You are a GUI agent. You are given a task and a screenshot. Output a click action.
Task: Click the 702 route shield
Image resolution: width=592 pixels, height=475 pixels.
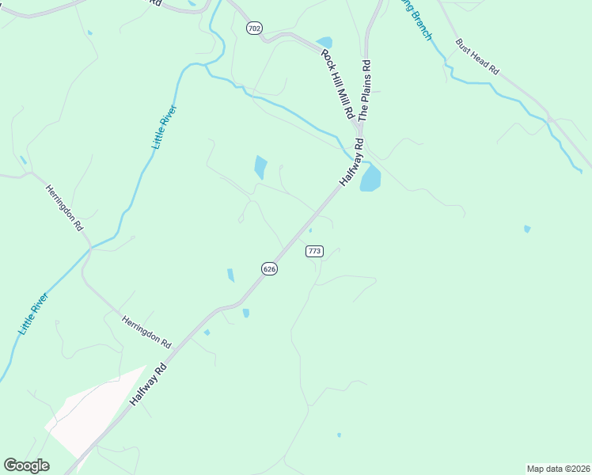pos(254,28)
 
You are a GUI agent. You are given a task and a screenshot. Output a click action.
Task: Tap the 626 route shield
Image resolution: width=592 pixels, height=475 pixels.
pos(269,268)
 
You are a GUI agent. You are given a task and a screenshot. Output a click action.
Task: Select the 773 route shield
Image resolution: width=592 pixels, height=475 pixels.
pos(314,251)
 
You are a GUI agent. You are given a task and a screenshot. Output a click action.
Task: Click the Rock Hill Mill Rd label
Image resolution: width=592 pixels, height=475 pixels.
pos(337,85)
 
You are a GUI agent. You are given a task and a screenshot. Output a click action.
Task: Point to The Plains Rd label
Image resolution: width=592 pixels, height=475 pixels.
pos(365,90)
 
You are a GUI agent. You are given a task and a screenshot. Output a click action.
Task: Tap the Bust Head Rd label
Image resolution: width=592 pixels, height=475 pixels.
pos(477,57)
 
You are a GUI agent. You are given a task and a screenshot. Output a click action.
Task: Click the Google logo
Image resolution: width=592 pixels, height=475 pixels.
pos(26,465)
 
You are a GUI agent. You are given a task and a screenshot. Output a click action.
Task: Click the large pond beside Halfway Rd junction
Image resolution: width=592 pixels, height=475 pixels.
pos(370,178)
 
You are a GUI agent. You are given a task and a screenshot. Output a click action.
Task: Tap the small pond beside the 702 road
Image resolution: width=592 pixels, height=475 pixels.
pos(324,43)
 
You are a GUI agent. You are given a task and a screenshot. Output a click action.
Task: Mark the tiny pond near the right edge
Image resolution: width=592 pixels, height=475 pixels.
pos(527,230)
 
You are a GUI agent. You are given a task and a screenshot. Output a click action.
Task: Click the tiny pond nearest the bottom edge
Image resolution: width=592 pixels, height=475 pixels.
pos(339,435)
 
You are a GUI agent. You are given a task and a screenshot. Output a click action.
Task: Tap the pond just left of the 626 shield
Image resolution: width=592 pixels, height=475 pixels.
pos(230,275)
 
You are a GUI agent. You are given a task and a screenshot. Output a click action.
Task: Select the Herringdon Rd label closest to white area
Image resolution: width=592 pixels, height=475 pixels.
pos(146,332)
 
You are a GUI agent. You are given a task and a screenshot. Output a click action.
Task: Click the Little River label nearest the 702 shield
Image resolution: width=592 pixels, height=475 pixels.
pos(164,128)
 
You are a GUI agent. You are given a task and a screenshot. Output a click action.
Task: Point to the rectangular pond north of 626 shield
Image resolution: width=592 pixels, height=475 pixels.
pos(260,167)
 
